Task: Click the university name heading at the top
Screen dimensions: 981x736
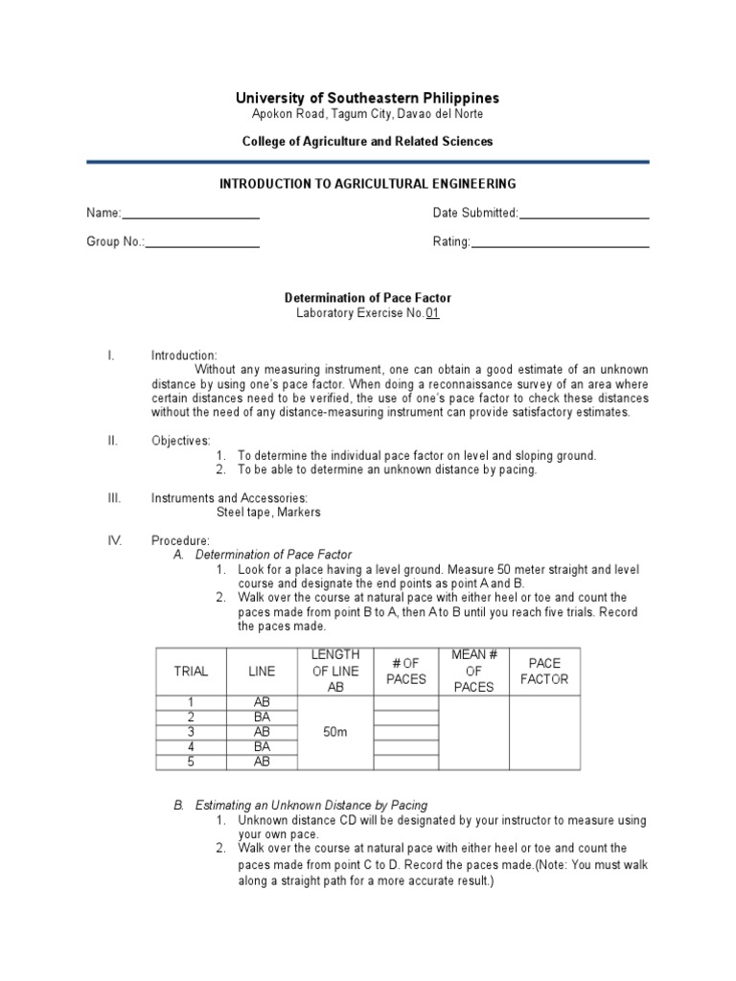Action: [x=368, y=98]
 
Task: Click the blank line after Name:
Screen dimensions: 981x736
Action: [x=191, y=217]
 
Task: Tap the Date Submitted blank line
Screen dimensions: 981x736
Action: [x=584, y=217]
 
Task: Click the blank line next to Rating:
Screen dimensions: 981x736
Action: [x=560, y=247]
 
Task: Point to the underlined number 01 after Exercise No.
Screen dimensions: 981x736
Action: [x=432, y=313]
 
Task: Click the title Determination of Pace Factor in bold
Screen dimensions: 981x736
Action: [x=368, y=298]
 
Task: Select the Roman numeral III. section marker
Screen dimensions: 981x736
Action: [x=114, y=498]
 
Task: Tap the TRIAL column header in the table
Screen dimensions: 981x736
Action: [x=190, y=672]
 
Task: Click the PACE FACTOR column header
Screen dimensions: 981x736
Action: [x=543, y=671]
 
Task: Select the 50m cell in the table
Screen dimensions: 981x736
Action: [x=334, y=732]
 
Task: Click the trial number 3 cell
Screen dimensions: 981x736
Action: [x=190, y=732]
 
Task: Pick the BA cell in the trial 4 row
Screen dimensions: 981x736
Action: [x=261, y=746]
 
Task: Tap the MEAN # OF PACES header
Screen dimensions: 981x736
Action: [x=473, y=671]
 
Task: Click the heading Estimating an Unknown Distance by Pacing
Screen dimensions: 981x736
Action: [x=311, y=805]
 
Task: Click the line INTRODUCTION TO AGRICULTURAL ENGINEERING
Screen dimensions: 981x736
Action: [x=368, y=183]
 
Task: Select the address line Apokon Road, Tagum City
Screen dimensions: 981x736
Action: [x=368, y=114]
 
